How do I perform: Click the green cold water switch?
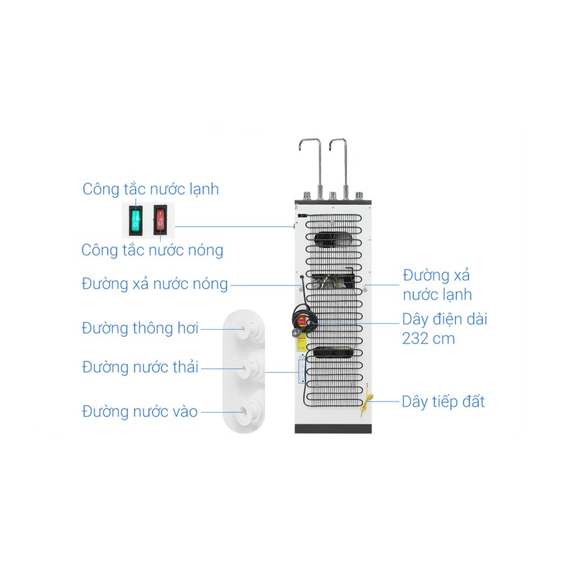pyautogui.click(x=135, y=220)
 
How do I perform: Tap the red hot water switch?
pyautogui.click(x=160, y=220)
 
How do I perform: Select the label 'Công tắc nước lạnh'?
pyautogui.click(x=151, y=189)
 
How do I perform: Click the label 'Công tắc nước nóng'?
pyautogui.click(x=152, y=250)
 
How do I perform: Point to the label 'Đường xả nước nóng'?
pyautogui.click(x=155, y=284)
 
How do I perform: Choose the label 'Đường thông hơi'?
pyautogui.click(x=140, y=328)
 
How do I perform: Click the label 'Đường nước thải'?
pyautogui.click(x=140, y=367)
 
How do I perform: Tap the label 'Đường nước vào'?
pyautogui.click(x=140, y=412)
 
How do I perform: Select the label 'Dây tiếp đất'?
pyautogui.click(x=443, y=402)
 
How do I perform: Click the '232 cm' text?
pyautogui.click(x=428, y=339)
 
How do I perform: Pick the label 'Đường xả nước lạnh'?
pyautogui.click(x=437, y=285)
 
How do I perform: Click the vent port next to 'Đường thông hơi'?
pyautogui.click(x=249, y=329)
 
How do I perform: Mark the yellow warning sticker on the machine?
pyautogui.click(x=301, y=341)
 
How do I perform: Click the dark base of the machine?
pyautogui.click(x=333, y=428)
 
